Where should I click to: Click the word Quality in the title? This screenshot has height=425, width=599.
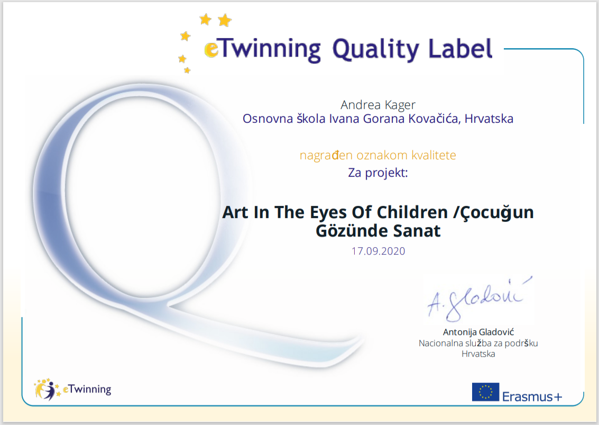click(376, 50)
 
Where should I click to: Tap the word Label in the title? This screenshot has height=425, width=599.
click(460, 49)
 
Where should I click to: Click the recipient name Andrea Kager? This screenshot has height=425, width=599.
click(378, 105)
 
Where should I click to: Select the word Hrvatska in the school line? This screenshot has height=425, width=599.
click(489, 119)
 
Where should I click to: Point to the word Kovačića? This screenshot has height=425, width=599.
click(435, 119)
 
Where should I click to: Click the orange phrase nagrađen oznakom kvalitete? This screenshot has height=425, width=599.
click(378, 155)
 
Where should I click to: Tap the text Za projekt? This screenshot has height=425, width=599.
click(378, 173)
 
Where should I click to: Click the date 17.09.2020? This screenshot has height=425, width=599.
click(378, 251)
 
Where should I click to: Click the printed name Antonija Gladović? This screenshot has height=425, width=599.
click(478, 332)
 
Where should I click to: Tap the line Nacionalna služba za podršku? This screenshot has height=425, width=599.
click(478, 343)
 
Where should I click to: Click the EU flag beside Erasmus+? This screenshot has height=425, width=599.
click(485, 392)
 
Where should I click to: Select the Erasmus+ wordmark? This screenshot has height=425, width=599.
click(532, 396)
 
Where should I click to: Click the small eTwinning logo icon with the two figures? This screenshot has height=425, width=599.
click(47, 390)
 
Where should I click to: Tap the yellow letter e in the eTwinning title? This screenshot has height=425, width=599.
click(211, 50)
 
